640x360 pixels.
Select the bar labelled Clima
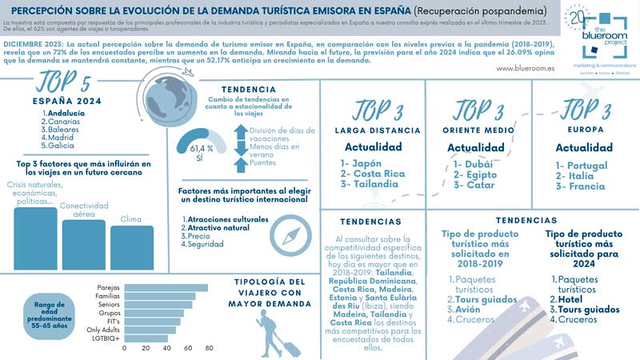(x=132, y=248)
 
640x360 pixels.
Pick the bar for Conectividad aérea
(x=84, y=244)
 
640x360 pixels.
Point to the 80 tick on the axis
(x=209, y=349)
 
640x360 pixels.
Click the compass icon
(x=292, y=238)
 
